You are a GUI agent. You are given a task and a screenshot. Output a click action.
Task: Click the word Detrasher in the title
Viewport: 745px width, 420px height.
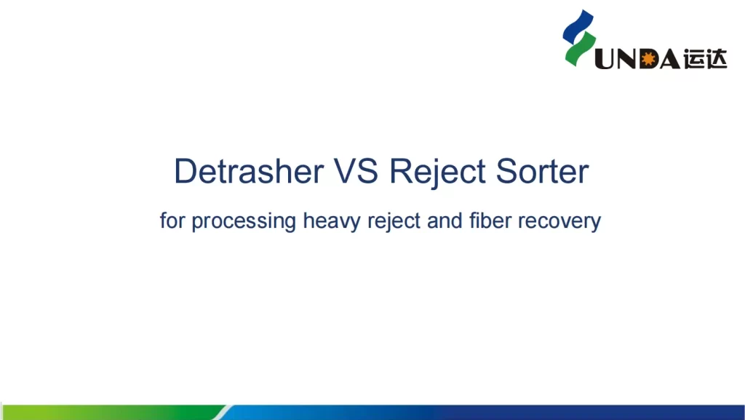click(249, 171)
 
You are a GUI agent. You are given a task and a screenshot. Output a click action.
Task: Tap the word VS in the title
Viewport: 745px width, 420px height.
click(356, 171)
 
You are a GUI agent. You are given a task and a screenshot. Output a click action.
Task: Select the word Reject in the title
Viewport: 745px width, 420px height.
click(437, 173)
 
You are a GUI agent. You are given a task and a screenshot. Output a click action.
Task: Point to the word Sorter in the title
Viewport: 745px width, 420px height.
click(543, 171)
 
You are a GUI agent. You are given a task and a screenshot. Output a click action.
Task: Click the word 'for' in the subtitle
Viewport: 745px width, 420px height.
click(172, 221)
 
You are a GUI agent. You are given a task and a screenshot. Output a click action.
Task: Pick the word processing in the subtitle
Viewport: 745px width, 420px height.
click(244, 222)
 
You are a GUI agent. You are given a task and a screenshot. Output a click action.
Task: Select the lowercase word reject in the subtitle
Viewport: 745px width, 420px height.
click(394, 222)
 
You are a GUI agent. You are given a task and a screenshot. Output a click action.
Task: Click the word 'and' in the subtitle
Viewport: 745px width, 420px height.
click(445, 221)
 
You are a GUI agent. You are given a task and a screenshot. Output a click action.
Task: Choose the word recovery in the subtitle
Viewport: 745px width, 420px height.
click(559, 222)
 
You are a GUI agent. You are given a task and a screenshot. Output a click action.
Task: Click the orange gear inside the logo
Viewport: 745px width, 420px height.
click(648, 60)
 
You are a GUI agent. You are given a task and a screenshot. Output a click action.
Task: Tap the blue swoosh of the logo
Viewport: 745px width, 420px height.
click(578, 27)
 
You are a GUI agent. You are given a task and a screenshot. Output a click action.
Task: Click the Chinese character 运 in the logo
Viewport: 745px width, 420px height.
click(693, 59)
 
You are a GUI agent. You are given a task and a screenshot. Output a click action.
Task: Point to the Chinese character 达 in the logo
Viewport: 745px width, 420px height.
click(717, 59)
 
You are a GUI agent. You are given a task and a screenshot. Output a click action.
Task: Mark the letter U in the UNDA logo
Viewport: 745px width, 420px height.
click(604, 60)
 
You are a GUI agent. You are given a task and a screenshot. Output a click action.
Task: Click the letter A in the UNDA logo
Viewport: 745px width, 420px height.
click(669, 60)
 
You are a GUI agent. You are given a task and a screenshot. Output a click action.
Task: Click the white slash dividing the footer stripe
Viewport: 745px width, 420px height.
click(223, 413)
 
